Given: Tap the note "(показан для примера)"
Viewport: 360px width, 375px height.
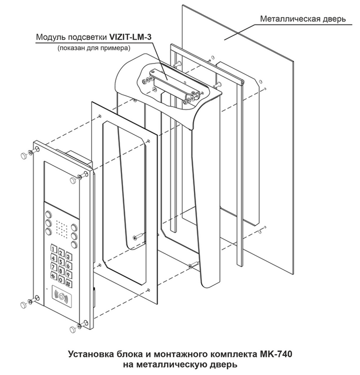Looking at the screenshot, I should click(x=93, y=48).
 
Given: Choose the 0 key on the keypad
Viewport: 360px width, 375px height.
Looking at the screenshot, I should click(x=63, y=279).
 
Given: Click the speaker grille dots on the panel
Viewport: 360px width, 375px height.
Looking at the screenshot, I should click(x=61, y=229).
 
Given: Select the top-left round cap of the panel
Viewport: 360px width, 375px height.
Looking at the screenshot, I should click(x=23, y=156).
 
